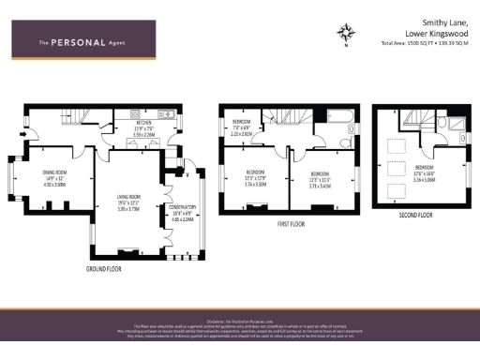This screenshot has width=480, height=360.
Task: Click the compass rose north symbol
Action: tap(347, 34)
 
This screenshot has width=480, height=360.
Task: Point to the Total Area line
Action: tap(425, 44)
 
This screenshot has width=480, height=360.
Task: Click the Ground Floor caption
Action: tap(107, 268)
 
